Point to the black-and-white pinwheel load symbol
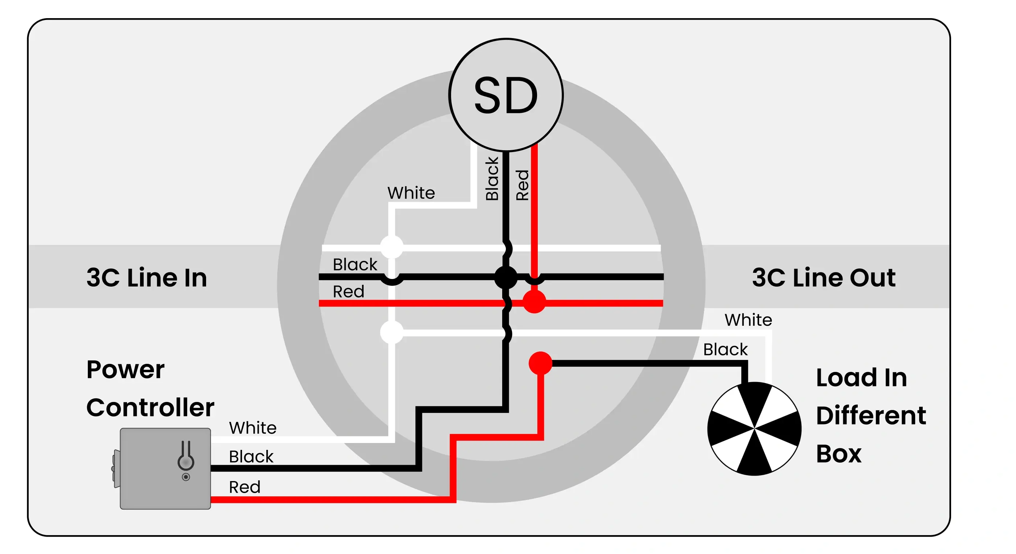tap(754, 428)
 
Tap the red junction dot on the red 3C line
tap(534, 302)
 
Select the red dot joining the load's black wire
tap(540, 363)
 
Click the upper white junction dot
tap(391, 247)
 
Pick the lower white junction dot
tap(391, 332)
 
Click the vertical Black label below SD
tap(492, 178)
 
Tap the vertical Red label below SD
tap(522, 185)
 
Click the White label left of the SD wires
tap(411, 193)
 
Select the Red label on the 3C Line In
tap(348, 291)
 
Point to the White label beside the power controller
tap(253, 427)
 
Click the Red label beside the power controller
tap(245, 487)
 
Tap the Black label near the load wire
tap(725, 349)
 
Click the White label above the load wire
tap(748, 319)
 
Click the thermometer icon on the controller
tap(185, 457)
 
